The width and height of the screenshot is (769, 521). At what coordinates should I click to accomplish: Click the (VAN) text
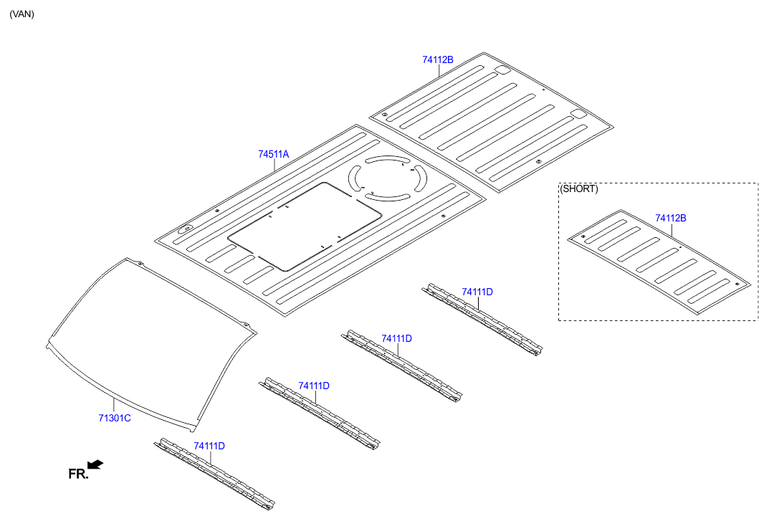22,14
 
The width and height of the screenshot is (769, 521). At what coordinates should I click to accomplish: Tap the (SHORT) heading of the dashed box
579,189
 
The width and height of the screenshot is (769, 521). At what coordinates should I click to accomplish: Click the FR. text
78,474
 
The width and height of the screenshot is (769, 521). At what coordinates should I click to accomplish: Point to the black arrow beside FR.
95,464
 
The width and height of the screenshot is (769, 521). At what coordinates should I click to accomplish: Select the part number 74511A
274,154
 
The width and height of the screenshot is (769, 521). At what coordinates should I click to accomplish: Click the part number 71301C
114,418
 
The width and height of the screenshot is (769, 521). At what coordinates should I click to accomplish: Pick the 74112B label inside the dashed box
670,218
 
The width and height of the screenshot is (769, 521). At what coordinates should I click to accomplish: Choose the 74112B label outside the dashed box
438,59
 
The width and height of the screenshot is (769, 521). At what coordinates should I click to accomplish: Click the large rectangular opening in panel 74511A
305,226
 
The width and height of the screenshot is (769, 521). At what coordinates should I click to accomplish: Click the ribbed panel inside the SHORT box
659,262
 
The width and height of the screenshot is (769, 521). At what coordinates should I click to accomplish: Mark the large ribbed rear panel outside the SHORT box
492,121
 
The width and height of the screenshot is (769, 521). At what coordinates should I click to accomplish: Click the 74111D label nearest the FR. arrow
209,446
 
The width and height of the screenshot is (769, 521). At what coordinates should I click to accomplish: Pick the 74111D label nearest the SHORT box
477,292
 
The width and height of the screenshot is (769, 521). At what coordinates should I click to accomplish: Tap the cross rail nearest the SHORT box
482,320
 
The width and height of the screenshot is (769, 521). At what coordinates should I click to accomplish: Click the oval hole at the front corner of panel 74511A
186,229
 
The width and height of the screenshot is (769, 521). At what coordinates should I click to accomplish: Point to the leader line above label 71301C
114,405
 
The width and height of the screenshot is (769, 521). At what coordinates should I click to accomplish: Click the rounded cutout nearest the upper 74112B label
502,70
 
